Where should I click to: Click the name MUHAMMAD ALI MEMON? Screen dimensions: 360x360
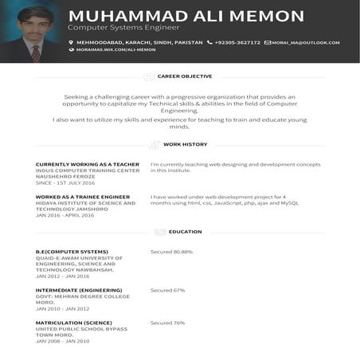pyautogui.click(x=186, y=17)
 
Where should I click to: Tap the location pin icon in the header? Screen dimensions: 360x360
pyautogui.click(x=71, y=42)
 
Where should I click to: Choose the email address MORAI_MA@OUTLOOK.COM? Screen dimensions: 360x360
pyautogui.click(x=306, y=42)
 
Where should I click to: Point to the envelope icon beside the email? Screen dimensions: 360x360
pyautogui.click(x=268, y=42)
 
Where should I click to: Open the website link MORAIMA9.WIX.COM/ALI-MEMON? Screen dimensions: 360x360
pyautogui.click(x=115, y=49)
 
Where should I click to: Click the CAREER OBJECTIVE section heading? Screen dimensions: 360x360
pyautogui.click(x=184, y=76)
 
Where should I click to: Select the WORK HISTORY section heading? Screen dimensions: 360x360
pyautogui.click(x=185, y=144)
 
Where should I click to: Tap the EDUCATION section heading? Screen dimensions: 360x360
pyautogui.click(x=185, y=232)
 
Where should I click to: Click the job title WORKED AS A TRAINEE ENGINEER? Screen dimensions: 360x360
pyautogui.click(x=83, y=196)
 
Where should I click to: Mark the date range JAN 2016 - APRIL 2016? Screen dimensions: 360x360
pyautogui.click(x=65, y=215)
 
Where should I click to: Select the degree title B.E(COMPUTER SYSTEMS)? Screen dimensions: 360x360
pyautogui.click(x=72, y=252)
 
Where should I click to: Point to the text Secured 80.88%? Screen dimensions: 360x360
pyautogui.click(x=171, y=252)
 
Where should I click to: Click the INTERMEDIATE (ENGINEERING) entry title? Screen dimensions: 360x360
pyautogui.click(x=79, y=290)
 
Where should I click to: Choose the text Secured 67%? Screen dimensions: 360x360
pyautogui.click(x=167, y=290)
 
